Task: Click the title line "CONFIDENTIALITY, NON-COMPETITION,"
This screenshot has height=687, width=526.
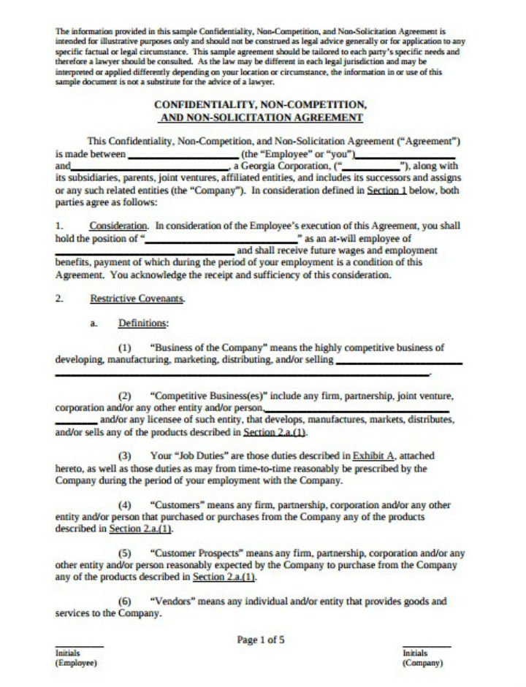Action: pyautogui.click(x=261, y=105)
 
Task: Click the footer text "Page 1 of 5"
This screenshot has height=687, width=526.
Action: pyautogui.click(x=261, y=640)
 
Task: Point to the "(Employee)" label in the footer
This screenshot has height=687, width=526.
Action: pyautogui.click(x=76, y=663)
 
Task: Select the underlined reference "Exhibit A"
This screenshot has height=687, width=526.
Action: pyautogui.click(x=373, y=456)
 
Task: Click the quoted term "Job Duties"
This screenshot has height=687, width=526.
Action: pyautogui.click(x=197, y=456)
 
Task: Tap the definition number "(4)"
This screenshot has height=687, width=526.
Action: pyautogui.click(x=124, y=504)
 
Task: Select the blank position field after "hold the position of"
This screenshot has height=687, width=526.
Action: pyautogui.click(x=223, y=239)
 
